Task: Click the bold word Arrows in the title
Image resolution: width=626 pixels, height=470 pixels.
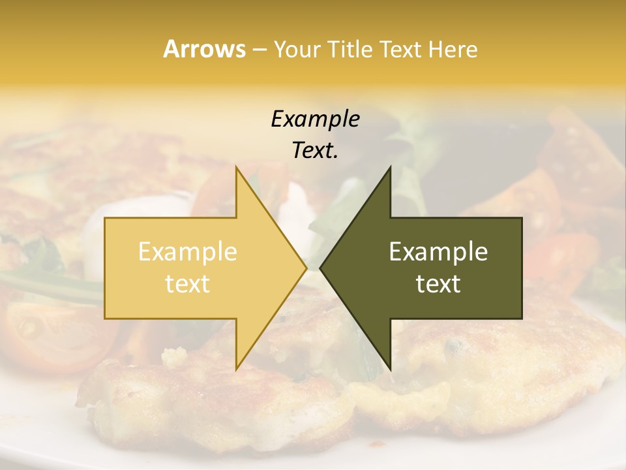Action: [204, 49]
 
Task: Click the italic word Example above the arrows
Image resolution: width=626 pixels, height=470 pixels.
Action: [315, 119]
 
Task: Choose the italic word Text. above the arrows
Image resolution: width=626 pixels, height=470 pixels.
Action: [315, 150]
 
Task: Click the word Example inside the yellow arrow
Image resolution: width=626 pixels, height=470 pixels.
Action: [187, 252]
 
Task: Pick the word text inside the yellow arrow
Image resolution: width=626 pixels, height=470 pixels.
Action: [187, 283]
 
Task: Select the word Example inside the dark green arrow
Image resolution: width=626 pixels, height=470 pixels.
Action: [438, 252]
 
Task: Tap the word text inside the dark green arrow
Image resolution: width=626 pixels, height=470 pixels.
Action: [438, 283]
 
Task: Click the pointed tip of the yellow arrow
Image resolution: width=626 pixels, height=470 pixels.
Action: [306, 268]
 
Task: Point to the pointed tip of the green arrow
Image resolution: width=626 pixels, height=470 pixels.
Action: [321, 268]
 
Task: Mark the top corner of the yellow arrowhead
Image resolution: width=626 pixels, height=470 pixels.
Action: [237, 168]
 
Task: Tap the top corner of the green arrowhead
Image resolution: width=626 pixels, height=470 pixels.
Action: [390, 168]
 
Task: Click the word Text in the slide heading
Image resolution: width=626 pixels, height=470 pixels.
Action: [400, 49]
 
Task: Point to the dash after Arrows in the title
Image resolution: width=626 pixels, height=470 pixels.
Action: [259, 50]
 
